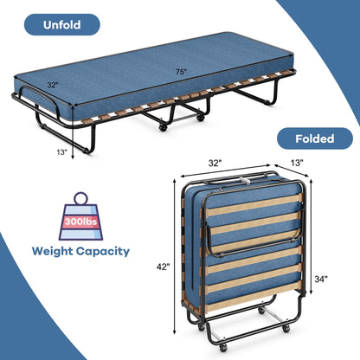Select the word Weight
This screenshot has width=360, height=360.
coord(57,253)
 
